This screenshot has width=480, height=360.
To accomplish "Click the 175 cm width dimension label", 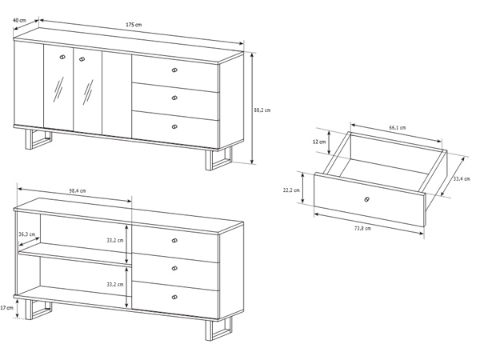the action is click(134, 25).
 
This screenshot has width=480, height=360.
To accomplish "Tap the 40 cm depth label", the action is click(19, 21).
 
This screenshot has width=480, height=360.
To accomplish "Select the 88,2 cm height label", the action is click(262, 110).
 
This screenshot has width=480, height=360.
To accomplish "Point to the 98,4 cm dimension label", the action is click(78, 190).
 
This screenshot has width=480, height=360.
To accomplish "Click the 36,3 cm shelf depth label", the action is click(27, 234).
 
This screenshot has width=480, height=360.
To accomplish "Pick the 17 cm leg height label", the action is click(6, 308).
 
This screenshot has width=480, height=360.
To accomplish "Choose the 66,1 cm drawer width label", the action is click(398, 128).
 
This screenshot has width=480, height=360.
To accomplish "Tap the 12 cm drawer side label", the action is click(319, 142).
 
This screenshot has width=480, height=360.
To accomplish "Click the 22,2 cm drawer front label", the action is click(291, 190).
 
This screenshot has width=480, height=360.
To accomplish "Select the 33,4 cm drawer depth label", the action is click(462, 178).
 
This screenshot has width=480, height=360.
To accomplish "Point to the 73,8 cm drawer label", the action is click(362, 228).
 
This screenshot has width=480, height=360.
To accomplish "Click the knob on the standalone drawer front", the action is click(366, 199).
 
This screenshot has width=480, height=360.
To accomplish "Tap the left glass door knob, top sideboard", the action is click(62, 57).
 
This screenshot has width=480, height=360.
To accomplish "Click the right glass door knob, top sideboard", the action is click(82, 59).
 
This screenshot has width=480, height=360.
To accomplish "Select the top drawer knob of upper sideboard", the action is click(174, 70).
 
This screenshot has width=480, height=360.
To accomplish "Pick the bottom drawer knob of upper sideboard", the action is click(174, 126).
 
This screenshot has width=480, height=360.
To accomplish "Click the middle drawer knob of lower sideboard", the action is click(174, 269).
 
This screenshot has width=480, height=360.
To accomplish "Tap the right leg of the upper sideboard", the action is click(218, 159).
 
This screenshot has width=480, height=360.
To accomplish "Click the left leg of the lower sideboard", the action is click(38, 310).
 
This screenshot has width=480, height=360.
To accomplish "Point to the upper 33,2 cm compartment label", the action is click(115, 240).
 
